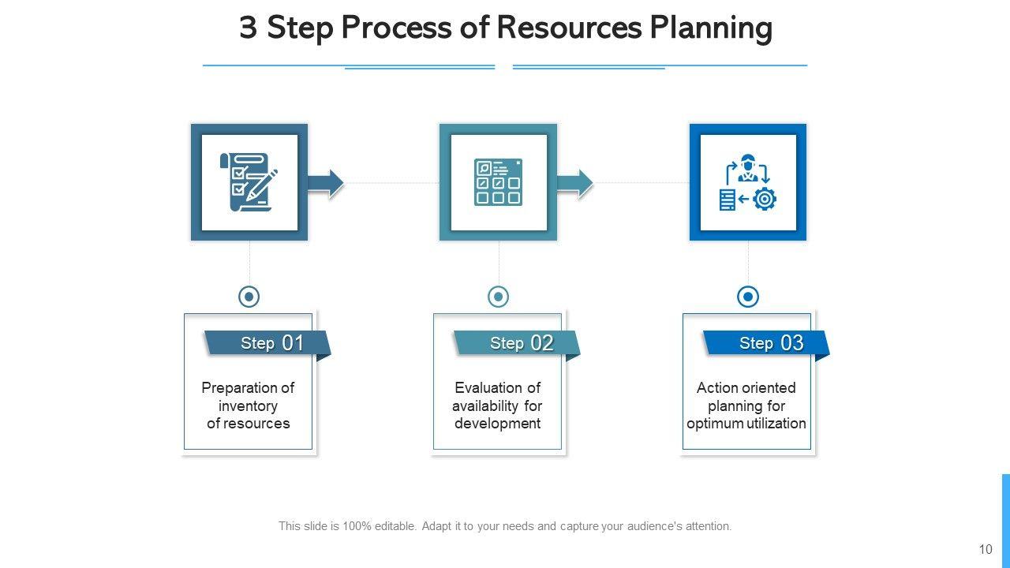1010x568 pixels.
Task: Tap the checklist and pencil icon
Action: (249, 182)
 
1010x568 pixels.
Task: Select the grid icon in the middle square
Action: (498, 182)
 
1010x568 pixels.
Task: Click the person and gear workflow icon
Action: (748, 182)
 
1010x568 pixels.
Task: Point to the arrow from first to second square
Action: (326, 182)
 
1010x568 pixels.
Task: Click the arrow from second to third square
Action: (575, 182)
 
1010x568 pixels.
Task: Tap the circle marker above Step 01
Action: (249, 297)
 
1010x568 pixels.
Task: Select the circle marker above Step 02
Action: (499, 297)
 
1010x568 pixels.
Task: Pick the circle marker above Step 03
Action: (748, 297)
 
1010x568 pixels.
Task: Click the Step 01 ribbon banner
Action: (266, 343)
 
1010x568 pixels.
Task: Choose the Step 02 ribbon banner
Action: (515, 343)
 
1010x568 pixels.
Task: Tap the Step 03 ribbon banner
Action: (765, 343)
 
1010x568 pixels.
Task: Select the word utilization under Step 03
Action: (776, 424)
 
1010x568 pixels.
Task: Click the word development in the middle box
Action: (498, 424)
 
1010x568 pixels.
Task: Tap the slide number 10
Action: (986, 550)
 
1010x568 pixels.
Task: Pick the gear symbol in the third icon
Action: (765, 200)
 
